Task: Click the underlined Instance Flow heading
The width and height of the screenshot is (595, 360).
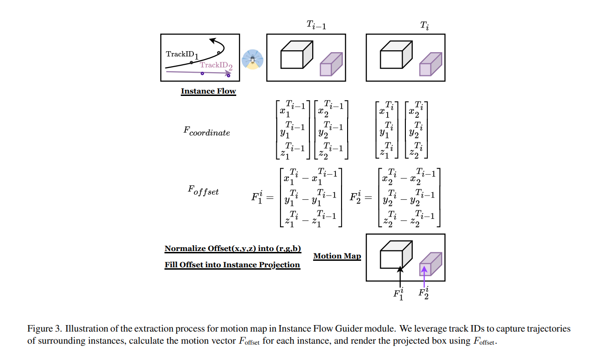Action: click(208, 91)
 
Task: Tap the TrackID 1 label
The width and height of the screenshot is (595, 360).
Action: click(182, 54)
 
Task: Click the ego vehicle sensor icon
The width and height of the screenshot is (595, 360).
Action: click(253, 60)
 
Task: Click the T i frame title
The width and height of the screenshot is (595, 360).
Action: click(424, 26)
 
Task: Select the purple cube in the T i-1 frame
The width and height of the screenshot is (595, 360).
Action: click(331, 64)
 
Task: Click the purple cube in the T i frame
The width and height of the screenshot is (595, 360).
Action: click(431, 64)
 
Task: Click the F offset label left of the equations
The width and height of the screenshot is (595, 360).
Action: click(203, 190)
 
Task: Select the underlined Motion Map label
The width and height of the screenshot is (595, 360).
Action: click(337, 256)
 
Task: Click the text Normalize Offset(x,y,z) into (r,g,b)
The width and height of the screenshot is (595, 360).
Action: click(233, 249)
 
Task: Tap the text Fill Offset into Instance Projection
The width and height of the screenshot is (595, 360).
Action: click(232, 265)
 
